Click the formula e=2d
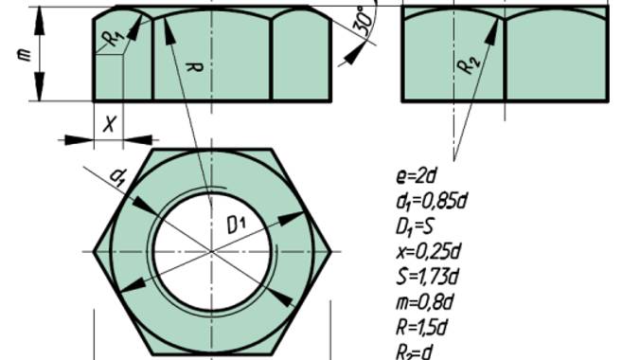417,176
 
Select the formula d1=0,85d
432,202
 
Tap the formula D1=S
415,226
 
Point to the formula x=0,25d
428,252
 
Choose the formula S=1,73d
427,277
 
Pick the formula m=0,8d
425,302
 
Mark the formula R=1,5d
421,327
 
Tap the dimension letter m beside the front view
25,54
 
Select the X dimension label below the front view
109,124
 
